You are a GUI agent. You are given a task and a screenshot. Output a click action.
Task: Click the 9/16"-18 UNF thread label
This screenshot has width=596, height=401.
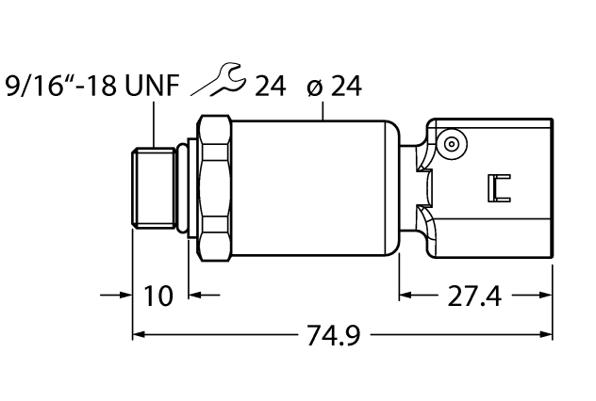(91, 87)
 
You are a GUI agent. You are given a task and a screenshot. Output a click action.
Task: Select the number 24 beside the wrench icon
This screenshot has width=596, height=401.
(270, 87)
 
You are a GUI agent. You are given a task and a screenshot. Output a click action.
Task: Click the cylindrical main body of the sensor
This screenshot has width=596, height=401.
(311, 184)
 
